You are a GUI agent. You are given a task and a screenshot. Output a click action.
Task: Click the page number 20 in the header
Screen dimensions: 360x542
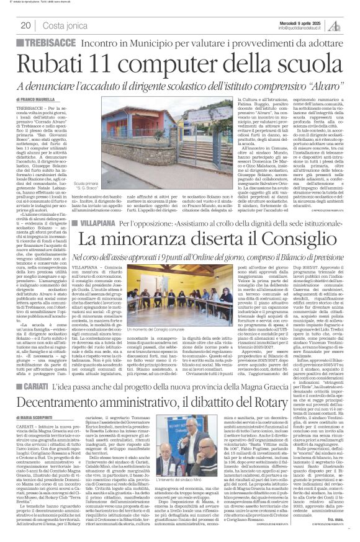pyautogui.click(x=25, y=25)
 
